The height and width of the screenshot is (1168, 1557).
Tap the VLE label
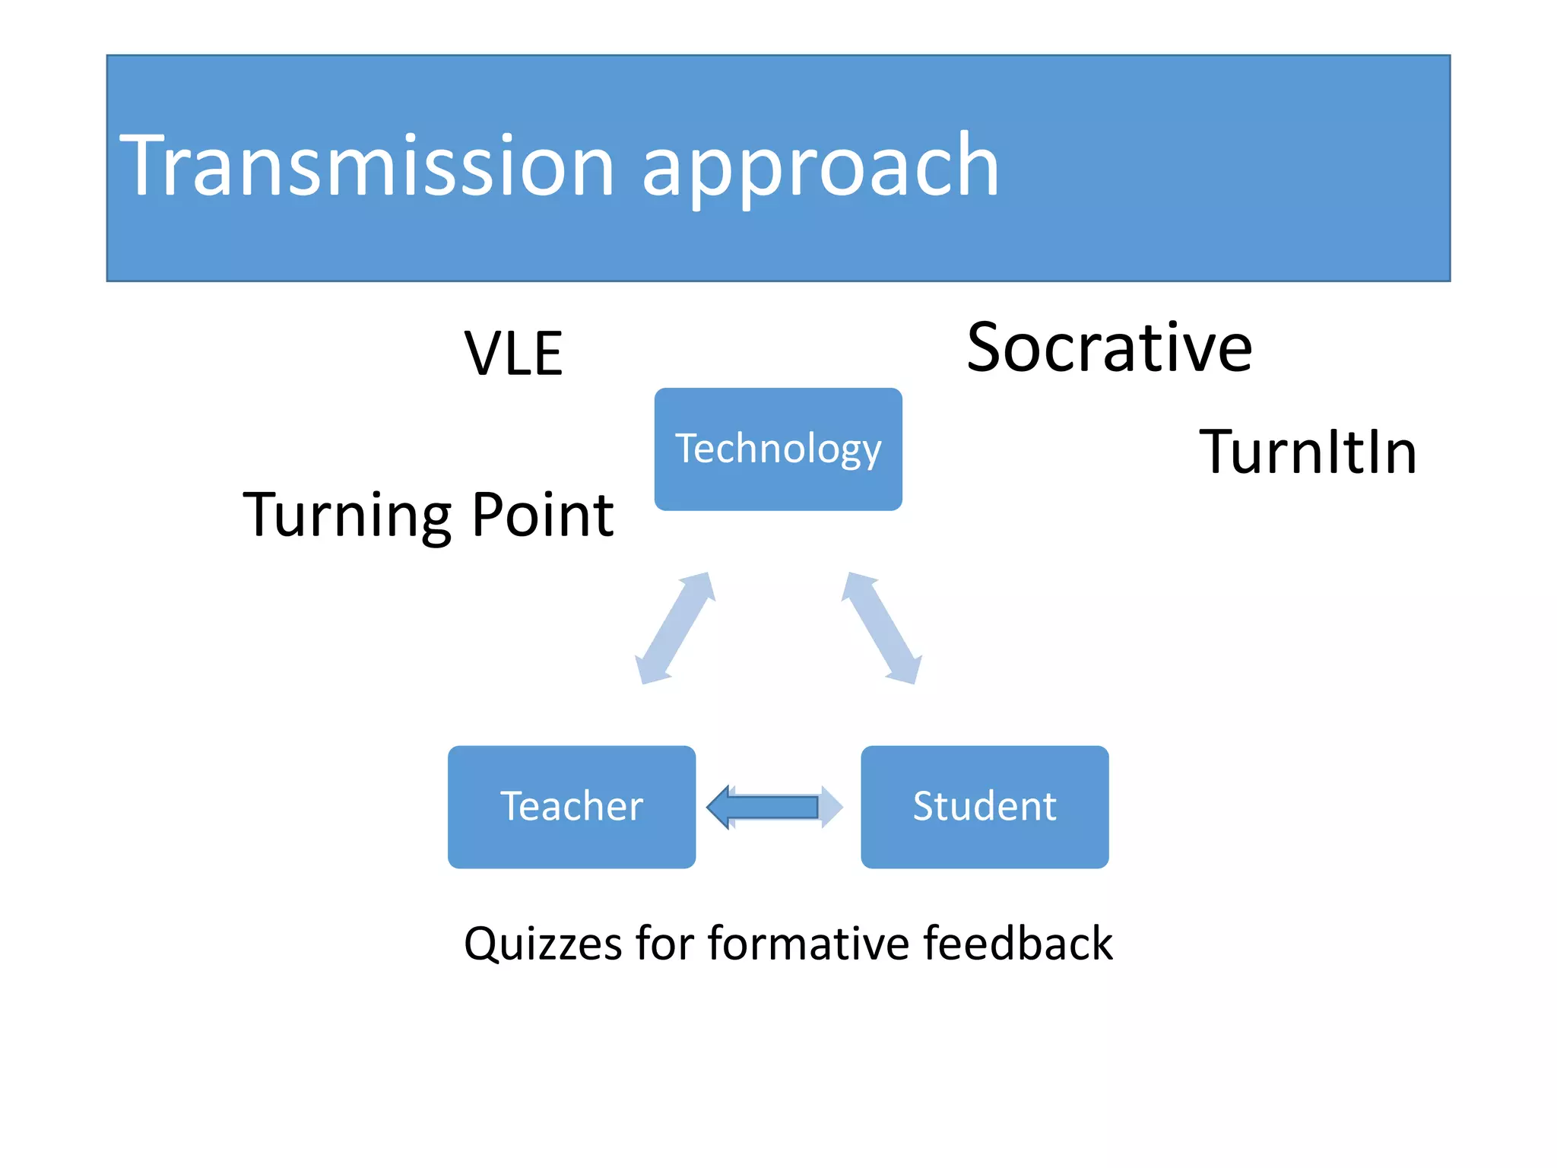coord(514,354)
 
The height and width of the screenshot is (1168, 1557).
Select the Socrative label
coord(1109,348)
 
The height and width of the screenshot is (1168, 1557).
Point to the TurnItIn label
coord(1308,452)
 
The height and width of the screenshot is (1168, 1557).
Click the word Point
coord(542,515)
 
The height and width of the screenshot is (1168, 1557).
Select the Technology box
coord(778,449)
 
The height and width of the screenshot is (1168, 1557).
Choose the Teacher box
coord(572,807)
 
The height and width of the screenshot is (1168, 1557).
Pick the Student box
coord(985,807)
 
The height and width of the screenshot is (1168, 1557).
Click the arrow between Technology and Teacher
coord(674,628)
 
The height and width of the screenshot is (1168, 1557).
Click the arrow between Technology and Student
coord(882,628)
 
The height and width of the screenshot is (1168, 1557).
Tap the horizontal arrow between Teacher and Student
coord(775,807)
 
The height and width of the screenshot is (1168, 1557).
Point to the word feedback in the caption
coord(1018,944)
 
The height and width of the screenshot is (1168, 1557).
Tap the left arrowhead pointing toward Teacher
coord(719,807)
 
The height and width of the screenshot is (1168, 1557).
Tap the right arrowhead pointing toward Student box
coord(832,807)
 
